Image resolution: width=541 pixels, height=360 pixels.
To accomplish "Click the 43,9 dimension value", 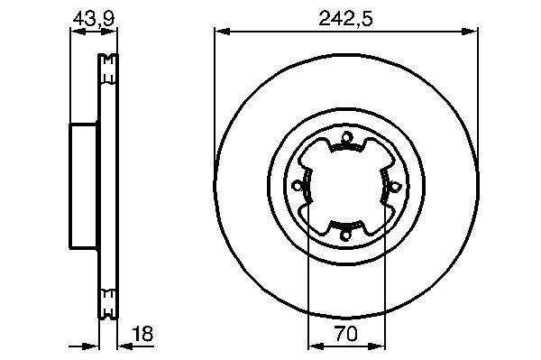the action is [x=94, y=18].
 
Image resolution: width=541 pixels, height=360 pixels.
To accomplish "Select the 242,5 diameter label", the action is [x=345, y=18].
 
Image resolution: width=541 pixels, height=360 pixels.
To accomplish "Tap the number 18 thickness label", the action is [x=142, y=334].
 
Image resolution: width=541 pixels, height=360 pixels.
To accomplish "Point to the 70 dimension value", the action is [x=346, y=334].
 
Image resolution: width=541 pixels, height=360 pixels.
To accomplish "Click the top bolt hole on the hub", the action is [x=345, y=138].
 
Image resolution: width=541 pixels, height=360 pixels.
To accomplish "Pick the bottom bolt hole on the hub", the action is [x=345, y=235].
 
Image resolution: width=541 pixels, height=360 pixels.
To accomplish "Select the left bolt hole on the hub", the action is [x=297, y=187].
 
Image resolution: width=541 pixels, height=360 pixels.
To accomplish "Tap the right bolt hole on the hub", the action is [x=396, y=187].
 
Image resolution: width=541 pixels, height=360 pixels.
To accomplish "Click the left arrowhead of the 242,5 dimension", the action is [x=222, y=32].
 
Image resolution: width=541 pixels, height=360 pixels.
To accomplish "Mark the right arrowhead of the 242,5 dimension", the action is [x=470, y=32].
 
